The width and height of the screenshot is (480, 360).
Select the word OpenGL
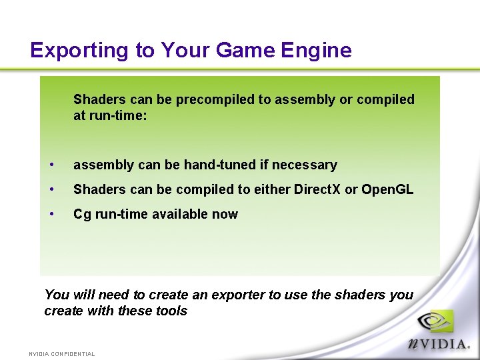[x=387, y=189]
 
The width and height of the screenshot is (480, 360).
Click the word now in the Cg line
[x=225, y=214]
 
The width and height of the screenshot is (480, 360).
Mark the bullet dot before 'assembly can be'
[x=51, y=165]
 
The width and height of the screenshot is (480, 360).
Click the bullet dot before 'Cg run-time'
[x=51, y=214]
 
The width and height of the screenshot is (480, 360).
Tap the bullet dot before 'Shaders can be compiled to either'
[x=51, y=189]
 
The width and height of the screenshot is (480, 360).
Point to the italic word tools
[x=172, y=311]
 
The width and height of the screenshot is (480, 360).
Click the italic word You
[x=56, y=295]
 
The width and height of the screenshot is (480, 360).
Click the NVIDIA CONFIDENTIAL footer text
[x=62, y=354]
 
